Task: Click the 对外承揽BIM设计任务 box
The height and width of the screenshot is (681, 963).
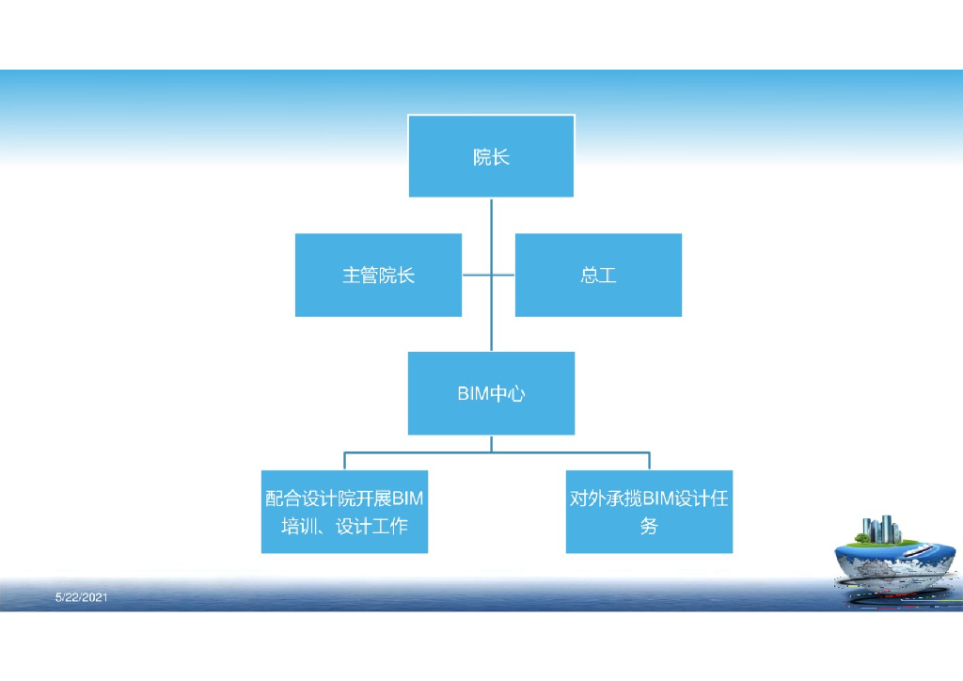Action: point(649,513)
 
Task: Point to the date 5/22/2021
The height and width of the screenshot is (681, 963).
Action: point(82,597)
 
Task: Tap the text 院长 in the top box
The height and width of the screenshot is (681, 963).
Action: point(491,157)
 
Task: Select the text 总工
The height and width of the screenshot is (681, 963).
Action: point(598,276)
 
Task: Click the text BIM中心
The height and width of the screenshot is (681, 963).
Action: point(491,394)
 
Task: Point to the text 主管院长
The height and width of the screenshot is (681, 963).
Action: point(378,276)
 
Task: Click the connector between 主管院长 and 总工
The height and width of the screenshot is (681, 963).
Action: point(488,276)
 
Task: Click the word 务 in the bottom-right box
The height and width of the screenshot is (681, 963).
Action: point(649,527)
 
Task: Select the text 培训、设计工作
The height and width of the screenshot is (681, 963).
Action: point(344,527)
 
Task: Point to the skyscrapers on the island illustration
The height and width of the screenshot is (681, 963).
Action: point(884,530)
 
